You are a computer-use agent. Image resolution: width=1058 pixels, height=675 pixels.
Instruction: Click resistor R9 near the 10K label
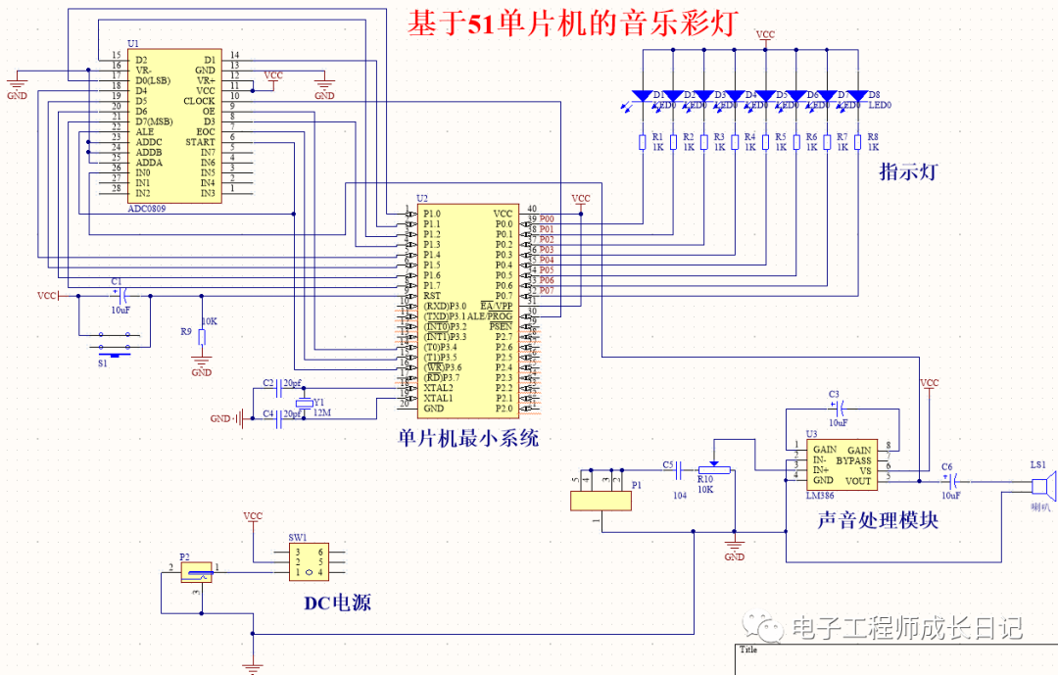point(201,337)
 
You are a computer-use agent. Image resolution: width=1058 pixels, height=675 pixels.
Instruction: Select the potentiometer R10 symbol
point(714,468)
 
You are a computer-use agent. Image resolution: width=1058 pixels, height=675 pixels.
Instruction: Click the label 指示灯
point(909,172)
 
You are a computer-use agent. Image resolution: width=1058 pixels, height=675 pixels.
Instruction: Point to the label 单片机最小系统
point(468,438)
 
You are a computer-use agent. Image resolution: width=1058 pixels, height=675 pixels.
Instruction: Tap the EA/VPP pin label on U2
point(496,306)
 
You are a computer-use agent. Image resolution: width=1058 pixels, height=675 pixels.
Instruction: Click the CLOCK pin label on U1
point(199,101)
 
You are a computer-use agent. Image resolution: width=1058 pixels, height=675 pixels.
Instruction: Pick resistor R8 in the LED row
point(857,143)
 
